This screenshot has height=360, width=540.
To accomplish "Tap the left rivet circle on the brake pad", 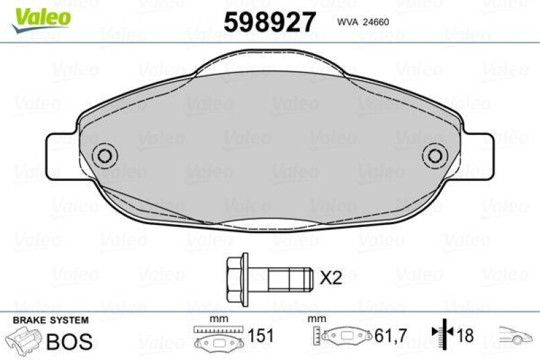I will pos(104,155).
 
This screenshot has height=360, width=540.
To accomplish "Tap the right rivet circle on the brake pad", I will pos(435,155).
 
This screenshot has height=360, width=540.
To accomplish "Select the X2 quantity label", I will pos(331,277).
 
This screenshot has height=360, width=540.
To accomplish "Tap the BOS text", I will pos(69,341).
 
